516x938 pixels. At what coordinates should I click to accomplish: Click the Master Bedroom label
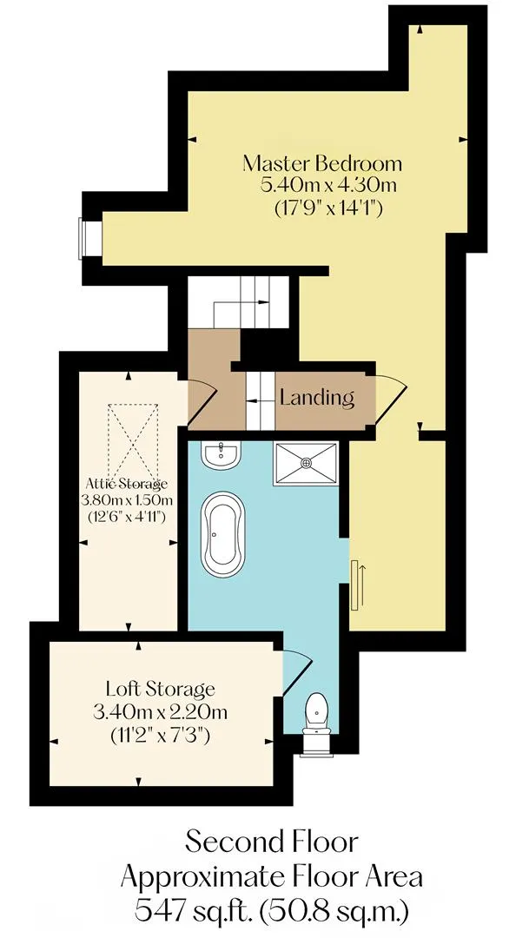coord(322,163)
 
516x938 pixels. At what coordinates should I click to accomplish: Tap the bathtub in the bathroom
coord(222,534)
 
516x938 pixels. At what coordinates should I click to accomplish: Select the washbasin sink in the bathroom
coord(221,455)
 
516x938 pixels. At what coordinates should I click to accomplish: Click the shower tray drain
coord(306,462)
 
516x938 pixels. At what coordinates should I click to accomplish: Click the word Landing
coord(317,398)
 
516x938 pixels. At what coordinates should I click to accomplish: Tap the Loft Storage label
coord(160,689)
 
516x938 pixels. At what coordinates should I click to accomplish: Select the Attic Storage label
coord(127,484)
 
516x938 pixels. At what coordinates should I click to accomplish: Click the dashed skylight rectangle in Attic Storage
coord(133,439)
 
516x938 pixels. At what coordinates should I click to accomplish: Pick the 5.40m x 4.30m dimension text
coord(328,186)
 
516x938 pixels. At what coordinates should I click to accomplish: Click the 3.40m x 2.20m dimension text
coord(160,712)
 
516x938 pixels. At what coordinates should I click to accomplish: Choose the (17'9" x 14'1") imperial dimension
coord(328,208)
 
